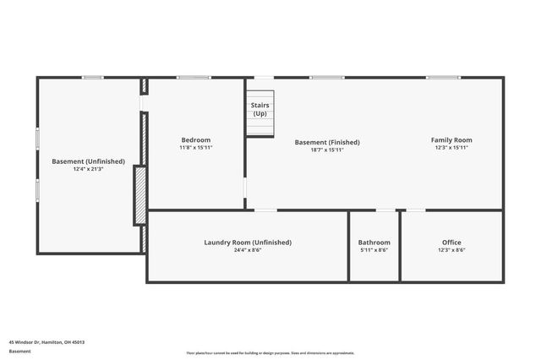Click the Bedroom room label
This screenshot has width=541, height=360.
click(195, 139)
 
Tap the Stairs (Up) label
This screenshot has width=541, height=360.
click(260, 109)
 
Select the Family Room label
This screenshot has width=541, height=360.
click(451, 139)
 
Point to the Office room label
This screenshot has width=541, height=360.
click(451, 242)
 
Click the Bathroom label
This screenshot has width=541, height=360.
click(374, 242)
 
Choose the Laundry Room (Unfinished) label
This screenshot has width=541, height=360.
click(247, 242)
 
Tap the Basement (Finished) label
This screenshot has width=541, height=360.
click(326, 142)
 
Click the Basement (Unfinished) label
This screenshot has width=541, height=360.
click(88, 161)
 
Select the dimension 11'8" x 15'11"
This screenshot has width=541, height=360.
click(195, 148)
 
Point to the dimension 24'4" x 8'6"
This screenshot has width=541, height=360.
click(247, 250)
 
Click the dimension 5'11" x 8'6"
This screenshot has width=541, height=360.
click(374, 250)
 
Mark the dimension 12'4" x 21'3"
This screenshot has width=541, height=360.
click(88, 169)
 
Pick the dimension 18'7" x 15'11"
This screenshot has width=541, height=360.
click(326, 150)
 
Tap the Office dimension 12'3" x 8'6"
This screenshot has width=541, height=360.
click(451, 250)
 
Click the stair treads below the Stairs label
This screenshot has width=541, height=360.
click(260, 128)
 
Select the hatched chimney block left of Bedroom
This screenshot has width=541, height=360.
click(140, 195)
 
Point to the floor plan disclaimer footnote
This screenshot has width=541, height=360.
click(270, 353)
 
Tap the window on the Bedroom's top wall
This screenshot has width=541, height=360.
click(193, 78)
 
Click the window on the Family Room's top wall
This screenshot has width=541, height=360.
click(443, 78)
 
